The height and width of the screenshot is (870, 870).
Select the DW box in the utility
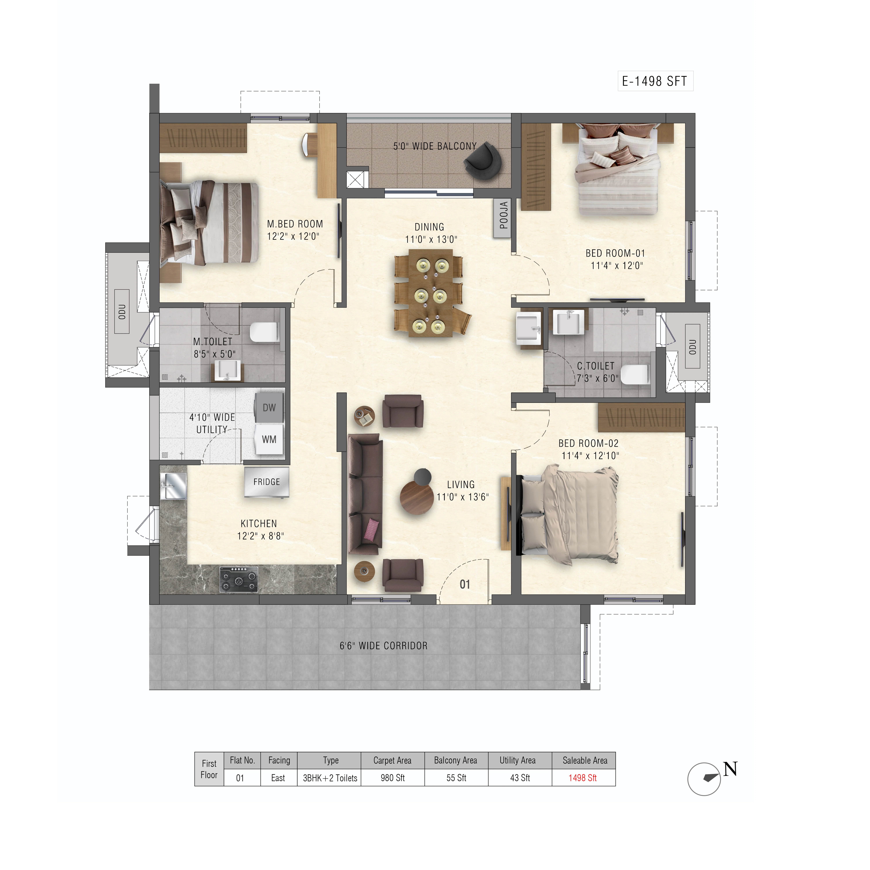coord(269,408)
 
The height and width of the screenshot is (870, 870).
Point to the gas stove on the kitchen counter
coord(239,580)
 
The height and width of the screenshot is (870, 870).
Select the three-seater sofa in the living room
coord(365,494)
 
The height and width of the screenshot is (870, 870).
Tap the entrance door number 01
coord(465,584)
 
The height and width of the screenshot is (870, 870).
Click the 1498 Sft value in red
coord(583,778)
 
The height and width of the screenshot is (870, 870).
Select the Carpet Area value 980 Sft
coord(393,778)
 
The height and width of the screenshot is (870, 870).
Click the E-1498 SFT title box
coord(655,81)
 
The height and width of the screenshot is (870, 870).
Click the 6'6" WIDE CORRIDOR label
coord(384,646)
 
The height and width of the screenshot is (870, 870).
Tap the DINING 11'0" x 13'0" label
coord(431,233)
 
